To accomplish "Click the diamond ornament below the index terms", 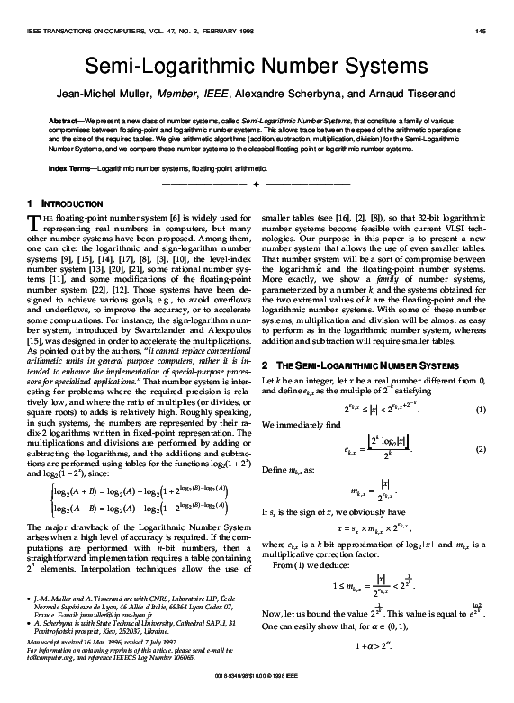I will pyautogui.click(x=257, y=184).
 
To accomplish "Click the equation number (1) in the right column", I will pyautogui.click(x=482, y=360).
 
